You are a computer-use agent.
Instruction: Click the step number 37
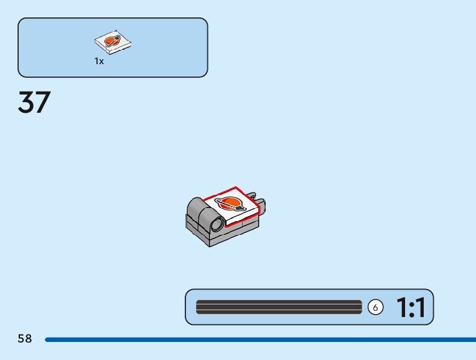tap(34, 103)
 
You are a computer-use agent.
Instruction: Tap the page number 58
tap(25, 339)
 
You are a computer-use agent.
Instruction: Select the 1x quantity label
tap(99, 61)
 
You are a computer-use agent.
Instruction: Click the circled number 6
tap(375, 307)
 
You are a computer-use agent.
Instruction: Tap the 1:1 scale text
tap(410, 307)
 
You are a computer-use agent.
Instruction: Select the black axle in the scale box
tap(279, 307)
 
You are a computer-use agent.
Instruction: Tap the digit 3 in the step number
tap(26, 103)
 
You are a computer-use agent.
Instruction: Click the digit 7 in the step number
tap(42, 103)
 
